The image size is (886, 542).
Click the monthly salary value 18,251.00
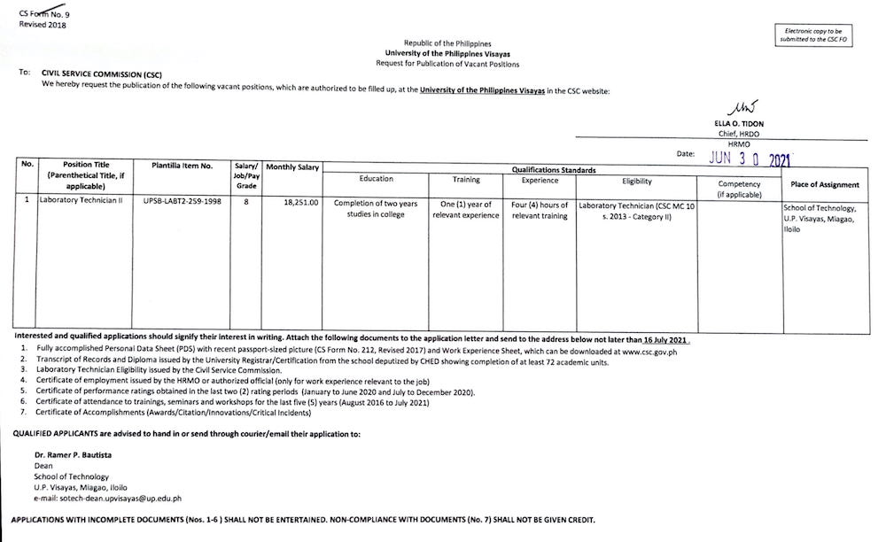(x=300, y=203)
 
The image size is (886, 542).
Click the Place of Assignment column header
(x=824, y=185)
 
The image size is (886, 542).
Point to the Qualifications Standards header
(x=553, y=168)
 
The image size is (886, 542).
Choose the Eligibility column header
(x=636, y=181)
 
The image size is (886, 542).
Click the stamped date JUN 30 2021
(x=750, y=159)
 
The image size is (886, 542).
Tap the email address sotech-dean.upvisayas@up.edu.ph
(x=120, y=498)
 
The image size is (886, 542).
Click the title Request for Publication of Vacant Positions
(x=447, y=64)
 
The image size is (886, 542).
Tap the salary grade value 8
(x=245, y=203)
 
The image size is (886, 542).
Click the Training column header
(x=466, y=180)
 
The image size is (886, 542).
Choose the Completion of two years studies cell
(x=376, y=209)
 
